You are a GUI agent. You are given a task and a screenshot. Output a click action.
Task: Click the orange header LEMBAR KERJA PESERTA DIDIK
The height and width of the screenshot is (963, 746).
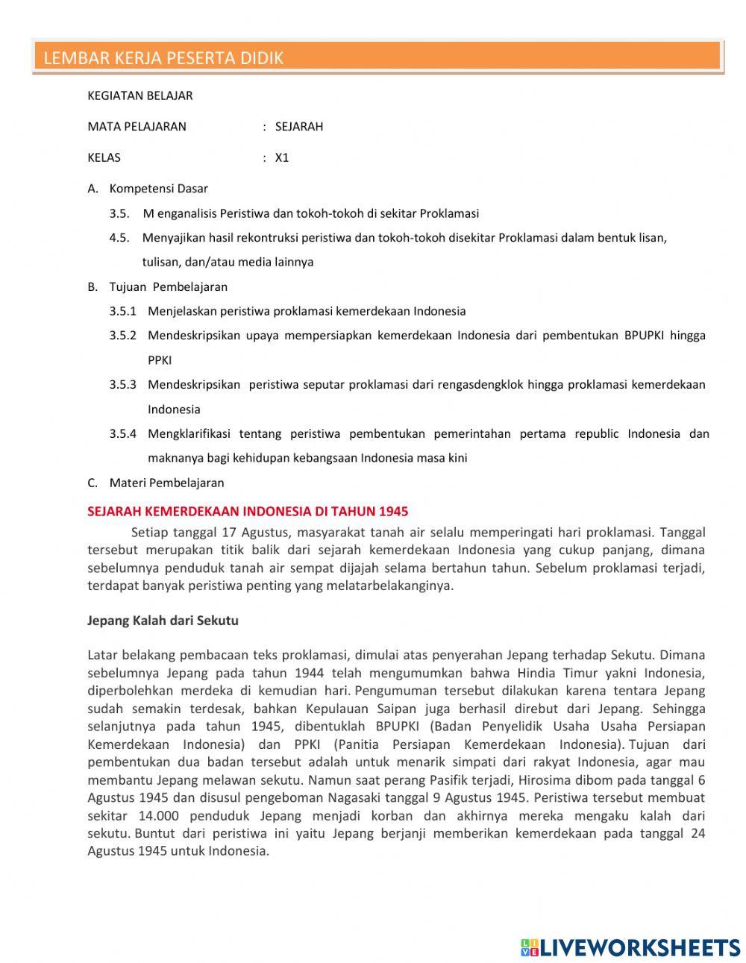click(x=163, y=58)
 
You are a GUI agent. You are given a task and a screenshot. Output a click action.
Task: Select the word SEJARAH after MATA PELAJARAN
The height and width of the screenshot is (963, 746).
click(x=298, y=127)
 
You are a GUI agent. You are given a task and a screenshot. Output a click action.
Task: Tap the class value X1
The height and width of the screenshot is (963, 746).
click(x=281, y=158)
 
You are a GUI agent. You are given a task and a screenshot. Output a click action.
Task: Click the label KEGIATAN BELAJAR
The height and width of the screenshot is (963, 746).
click(x=140, y=95)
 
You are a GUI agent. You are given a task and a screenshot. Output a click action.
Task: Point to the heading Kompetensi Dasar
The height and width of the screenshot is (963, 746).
click(x=158, y=189)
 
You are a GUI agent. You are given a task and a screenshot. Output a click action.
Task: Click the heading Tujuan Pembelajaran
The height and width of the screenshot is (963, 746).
click(x=168, y=287)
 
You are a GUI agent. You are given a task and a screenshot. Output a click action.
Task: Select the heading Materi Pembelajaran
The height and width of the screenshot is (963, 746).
click(x=166, y=483)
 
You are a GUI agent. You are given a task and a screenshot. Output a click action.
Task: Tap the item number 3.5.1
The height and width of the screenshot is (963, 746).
click(x=123, y=312)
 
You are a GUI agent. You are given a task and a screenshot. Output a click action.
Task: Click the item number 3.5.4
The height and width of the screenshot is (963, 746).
click(x=123, y=434)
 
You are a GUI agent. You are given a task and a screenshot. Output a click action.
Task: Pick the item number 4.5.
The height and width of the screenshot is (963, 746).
click(x=119, y=238)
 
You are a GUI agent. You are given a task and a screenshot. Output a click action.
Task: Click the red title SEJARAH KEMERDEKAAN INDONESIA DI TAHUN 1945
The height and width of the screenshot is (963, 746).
click(x=248, y=512)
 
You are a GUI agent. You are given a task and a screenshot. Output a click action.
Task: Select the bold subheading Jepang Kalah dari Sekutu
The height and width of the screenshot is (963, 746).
click(x=163, y=621)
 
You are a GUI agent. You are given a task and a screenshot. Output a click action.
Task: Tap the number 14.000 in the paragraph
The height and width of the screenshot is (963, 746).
click(x=158, y=816)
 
